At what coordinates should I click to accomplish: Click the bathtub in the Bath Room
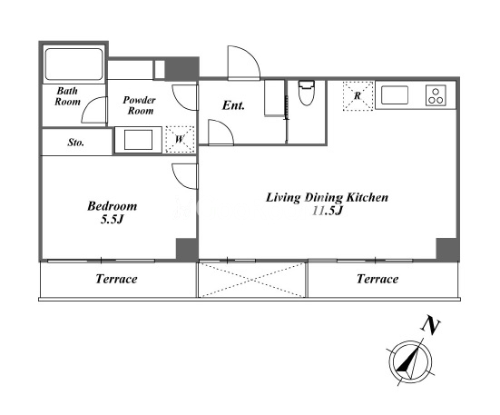[x=74, y=64]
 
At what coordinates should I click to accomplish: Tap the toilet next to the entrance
[x=307, y=93]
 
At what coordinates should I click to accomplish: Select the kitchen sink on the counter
[x=395, y=94]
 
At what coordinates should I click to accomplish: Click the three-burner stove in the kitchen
[x=436, y=95]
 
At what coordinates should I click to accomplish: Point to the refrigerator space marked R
[x=358, y=96]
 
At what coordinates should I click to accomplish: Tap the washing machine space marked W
[x=180, y=140]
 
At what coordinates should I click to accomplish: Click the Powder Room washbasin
[x=138, y=140]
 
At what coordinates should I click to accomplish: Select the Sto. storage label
[x=76, y=143]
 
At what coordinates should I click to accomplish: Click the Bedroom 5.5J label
[x=113, y=212]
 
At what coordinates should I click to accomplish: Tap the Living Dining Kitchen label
[x=328, y=197]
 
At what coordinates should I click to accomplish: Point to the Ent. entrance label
[x=233, y=105]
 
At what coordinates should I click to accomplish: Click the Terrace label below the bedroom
[x=116, y=279]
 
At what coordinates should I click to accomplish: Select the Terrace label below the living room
[x=377, y=279]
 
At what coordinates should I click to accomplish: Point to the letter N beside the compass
[x=430, y=326]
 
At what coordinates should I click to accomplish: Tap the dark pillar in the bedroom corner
[x=187, y=249]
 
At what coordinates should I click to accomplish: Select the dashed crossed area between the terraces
[x=252, y=280]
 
